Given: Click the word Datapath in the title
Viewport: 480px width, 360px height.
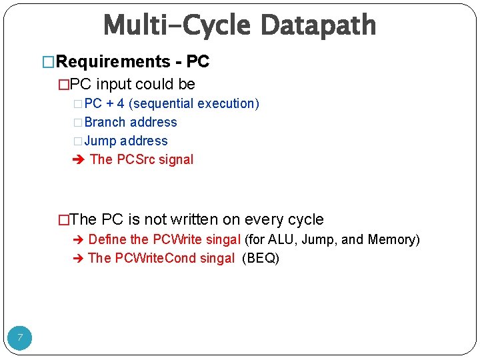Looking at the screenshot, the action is point(318,26).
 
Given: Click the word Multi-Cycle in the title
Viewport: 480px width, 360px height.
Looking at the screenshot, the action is point(177,26).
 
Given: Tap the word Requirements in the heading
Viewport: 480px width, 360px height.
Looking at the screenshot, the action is point(113,62).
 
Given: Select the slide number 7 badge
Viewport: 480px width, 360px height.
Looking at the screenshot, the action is point(20,338).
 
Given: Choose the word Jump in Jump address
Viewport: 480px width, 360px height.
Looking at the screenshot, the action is point(101,141).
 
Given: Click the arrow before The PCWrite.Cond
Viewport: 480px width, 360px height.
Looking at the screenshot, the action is point(78,259).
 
